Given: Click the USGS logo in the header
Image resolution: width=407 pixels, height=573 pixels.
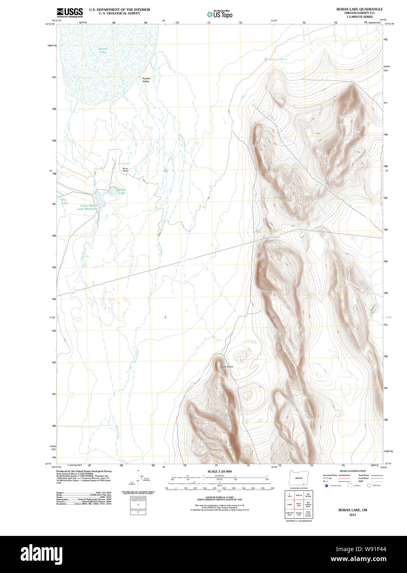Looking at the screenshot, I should click(x=70, y=12).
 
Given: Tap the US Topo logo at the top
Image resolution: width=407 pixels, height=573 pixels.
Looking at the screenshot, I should click(x=219, y=14).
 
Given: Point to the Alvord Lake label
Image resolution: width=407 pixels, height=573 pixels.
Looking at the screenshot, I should click(x=102, y=51).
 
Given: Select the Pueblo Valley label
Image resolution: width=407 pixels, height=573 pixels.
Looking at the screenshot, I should click(x=146, y=80).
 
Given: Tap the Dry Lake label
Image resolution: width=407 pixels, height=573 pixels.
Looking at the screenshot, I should click(x=64, y=201).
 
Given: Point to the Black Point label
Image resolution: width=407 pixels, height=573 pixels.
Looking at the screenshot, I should click(x=226, y=366).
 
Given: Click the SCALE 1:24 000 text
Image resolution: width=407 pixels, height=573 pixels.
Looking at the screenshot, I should click(x=219, y=471).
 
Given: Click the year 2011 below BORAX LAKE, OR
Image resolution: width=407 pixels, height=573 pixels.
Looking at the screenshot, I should click(x=353, y=515).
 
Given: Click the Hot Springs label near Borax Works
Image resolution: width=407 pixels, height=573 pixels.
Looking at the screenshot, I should click(x=123, y=164).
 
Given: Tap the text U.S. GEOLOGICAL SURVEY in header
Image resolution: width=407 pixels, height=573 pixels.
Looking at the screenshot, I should click(x=119, y=13).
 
